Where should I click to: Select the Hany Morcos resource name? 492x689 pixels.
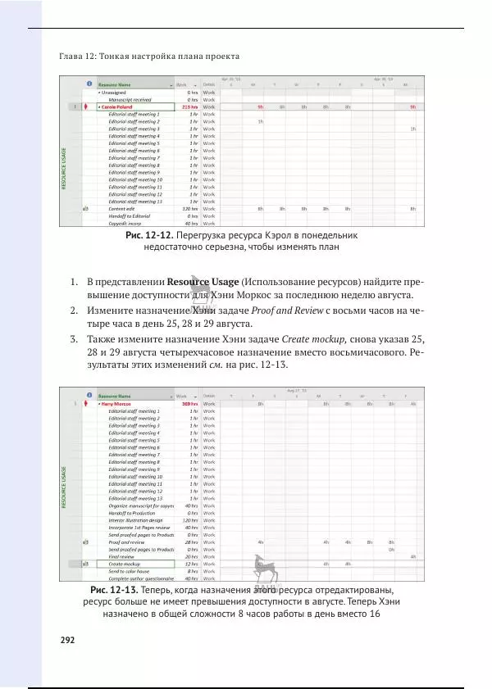118,404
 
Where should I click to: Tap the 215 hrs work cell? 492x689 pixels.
189,107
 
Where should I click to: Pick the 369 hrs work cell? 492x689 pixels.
189,404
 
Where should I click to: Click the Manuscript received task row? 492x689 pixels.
131,99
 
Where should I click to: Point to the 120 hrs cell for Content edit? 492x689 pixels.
189,209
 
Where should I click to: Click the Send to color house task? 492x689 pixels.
132,571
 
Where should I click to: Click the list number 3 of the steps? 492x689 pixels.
74,338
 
